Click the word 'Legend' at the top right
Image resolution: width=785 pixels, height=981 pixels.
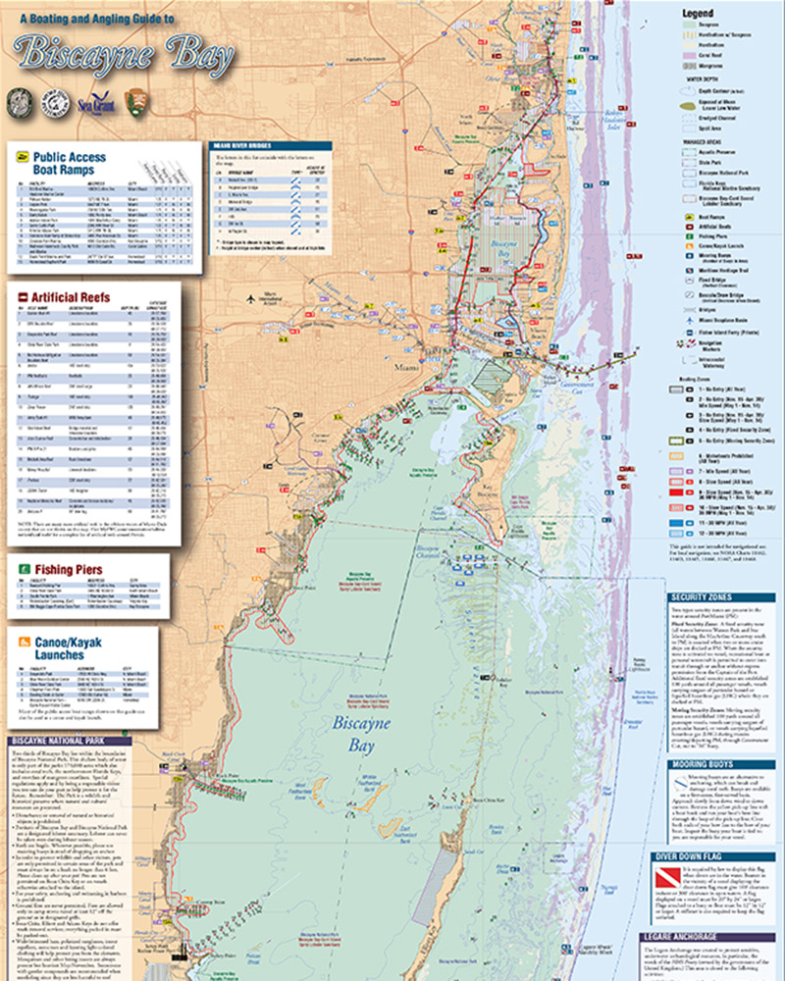point(700,13)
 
